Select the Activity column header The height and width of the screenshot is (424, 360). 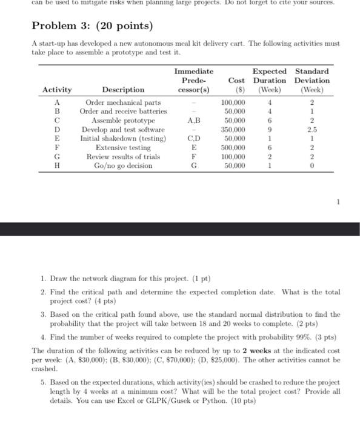click(x=56, y=90)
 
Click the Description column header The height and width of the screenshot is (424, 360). click(x=123, y=90)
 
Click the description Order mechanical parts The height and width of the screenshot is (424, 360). click(x=123, y=102)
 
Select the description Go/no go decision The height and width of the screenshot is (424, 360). click(x=123, y=165)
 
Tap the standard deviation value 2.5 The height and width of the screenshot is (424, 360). click(x=312, y=129)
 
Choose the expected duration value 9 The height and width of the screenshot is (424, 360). click(x=269, y=129)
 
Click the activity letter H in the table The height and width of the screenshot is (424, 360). click(x=56, y=165)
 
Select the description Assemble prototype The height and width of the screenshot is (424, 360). click(x=123, y=121)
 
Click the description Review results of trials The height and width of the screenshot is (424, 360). click(x=123, y=156)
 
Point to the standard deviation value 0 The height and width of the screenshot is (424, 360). click(x=312, y=165)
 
